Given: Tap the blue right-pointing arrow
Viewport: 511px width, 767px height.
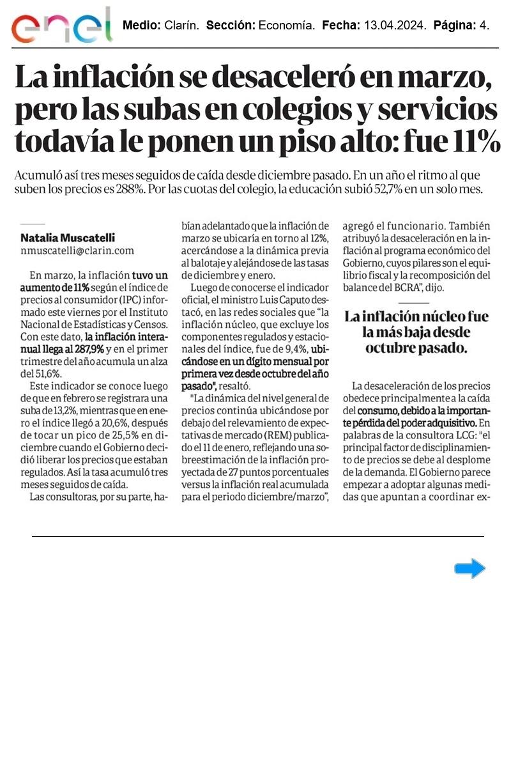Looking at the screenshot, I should (469, 568).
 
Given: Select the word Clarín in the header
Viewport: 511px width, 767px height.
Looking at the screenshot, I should (181, 26).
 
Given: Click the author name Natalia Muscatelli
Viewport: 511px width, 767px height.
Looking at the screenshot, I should (68, 237).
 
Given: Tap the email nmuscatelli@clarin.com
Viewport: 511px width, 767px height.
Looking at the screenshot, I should (77, 251).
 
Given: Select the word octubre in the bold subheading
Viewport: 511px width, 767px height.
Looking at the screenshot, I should (390, 349).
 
